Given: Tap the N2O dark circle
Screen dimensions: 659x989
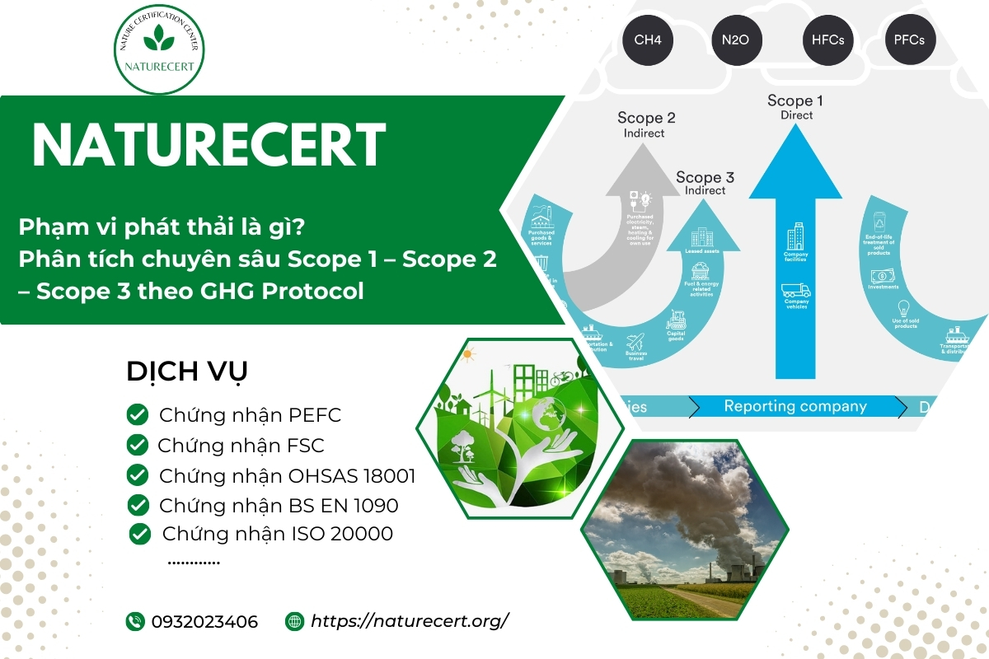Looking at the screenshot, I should tap(736, 40).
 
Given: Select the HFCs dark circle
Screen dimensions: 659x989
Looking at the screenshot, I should tap(827, 40).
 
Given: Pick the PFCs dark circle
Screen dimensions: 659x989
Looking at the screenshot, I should tap(909, 40).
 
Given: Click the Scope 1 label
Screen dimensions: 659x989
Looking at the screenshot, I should tap(794, 101).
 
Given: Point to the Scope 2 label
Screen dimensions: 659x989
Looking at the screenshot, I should tap(646, 118).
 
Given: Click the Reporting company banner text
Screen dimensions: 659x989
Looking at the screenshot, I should tap(794, 406).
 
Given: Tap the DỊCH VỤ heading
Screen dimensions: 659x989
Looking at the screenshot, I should tap(186, 372).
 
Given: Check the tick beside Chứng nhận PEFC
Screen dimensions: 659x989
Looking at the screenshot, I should tap(138, 415).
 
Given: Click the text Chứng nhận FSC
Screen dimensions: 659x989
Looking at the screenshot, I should tap(241, 446).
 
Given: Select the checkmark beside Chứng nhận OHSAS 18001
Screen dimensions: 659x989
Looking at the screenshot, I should tap(138, 475).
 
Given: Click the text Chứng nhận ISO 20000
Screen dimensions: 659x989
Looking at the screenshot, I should tap(277, 534).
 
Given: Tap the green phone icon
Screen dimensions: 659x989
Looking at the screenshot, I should tap(135, 621).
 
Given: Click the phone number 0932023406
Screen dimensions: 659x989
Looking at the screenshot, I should tap(204, 621).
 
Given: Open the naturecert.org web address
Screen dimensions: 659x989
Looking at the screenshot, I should tap(410, 621).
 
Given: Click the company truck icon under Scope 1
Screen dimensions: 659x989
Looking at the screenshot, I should tap(795, 291).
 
